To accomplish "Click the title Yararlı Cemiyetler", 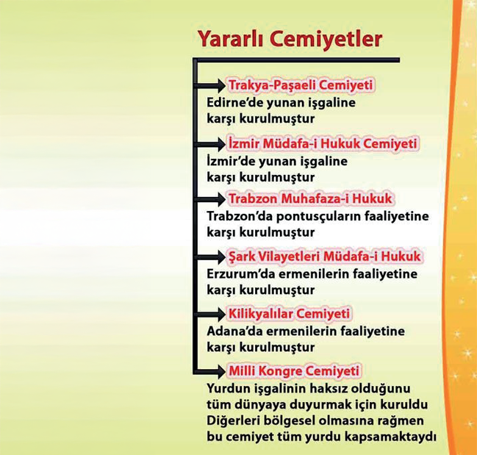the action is point(290,39).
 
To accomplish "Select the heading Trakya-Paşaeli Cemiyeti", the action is point(301,85).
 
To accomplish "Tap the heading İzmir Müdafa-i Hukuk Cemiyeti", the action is point(323,143).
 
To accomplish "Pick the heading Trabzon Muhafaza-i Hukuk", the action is point(310,198).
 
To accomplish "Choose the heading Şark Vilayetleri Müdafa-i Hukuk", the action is point(324,257).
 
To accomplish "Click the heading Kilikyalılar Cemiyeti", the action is point(289,314).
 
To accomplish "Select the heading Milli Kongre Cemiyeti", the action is point(294,371).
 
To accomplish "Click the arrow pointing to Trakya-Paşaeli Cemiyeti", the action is point(210,85).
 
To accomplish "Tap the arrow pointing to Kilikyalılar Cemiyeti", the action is point(210,314).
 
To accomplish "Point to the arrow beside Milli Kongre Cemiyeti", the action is point(210,371).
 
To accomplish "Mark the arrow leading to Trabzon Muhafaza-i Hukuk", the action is point(210,199).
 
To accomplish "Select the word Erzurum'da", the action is point(240,274).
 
